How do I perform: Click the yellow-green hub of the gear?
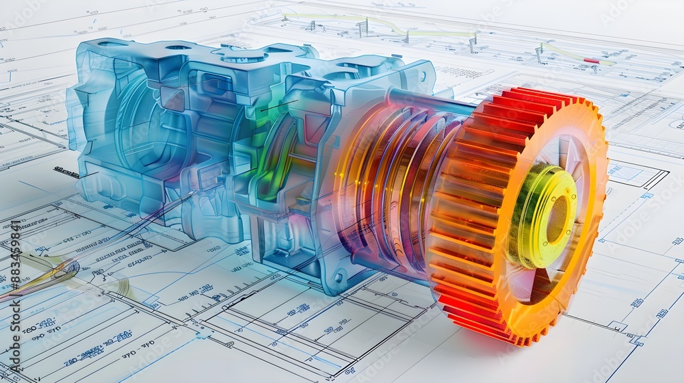tap(540, 215)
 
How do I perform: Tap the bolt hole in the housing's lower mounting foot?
tap(338, 278)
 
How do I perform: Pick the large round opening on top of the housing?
tap(244, 57)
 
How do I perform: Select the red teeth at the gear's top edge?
tap(534, 103)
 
